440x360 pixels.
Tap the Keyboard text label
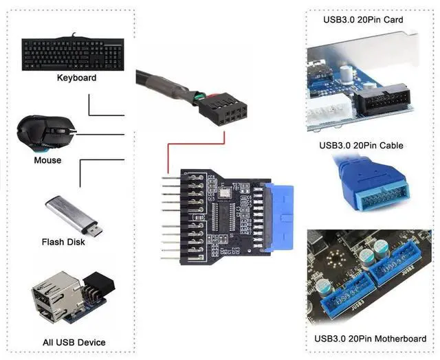point(76,78)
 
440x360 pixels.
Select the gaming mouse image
point(45,132)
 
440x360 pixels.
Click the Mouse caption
point(47,161)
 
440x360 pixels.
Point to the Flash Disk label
point(63,242)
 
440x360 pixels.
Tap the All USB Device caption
point(74,342)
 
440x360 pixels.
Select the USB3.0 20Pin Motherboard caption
point(369,339)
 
